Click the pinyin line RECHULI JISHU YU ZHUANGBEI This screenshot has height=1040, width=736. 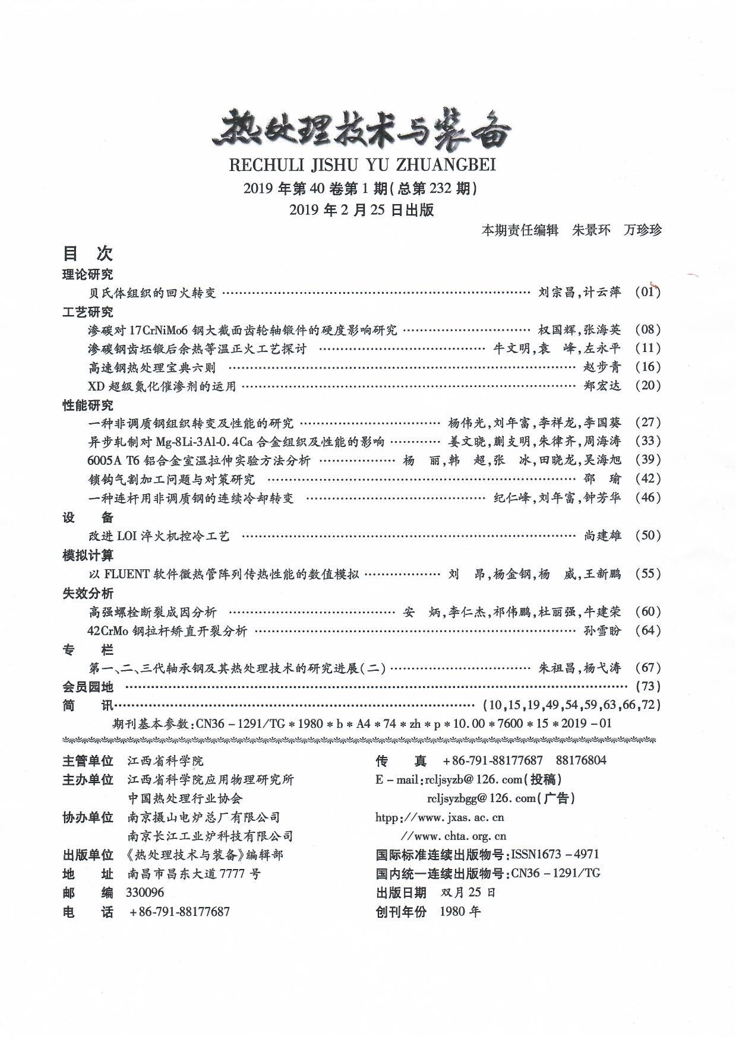[362, 164]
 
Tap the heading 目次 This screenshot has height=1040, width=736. [87, 254]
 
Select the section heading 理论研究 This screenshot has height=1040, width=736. [87, 274]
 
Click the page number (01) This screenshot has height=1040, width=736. [647, 291]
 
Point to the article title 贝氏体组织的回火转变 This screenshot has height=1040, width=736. [152, 293]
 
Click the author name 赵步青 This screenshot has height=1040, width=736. [602, 367]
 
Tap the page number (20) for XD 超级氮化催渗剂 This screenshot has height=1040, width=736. [647, 386]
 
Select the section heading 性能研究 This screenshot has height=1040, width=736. [87, 405]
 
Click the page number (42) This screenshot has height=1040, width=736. [647, 478]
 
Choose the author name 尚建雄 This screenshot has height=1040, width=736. [602, 535]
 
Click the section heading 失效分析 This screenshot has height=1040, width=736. [87, 593]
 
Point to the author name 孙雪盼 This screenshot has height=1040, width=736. [602, 630]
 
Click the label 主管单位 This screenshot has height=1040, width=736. [87, 761]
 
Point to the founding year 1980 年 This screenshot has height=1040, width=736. [460, 912]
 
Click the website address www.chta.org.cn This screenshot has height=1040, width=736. [454, 836]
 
